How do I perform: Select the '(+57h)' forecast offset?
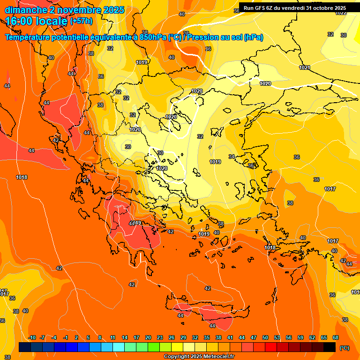click(81, 21)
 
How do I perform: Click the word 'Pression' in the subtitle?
click(205, 37)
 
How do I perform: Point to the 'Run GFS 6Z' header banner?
click(294, 8)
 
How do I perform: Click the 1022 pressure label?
click(341, 13)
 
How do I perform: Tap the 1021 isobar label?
click(304, 67)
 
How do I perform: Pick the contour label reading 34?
click(232, 157)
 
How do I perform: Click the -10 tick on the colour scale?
click(32, 337)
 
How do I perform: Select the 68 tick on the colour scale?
click(336, 337)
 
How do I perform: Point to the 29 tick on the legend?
click(183, 337)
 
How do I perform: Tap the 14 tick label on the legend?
click(125, 337)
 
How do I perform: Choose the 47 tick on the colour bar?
click(254, 337)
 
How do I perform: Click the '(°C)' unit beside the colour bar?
click(345, 348)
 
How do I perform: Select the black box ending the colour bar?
click(330, 347)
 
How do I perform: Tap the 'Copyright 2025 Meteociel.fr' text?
click(199, 357)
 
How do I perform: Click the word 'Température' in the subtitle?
click(33, 37)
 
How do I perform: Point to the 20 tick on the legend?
click(148, 337)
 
